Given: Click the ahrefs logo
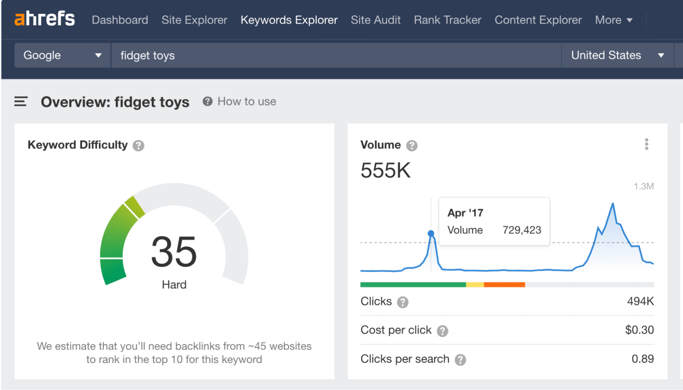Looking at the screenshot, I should [44, 19].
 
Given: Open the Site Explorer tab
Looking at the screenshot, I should [194, 20].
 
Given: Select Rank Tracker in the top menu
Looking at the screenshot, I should [447, 20].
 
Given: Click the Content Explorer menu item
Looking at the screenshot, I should [538, 20].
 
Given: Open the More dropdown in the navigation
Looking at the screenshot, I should [614, 20].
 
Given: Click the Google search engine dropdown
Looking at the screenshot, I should [62, 55].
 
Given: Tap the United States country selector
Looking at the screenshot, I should [617, 55].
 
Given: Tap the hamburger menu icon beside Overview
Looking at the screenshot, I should [21, 101].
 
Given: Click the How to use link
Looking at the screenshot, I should [246, 101].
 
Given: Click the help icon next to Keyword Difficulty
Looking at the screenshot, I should [138, 146].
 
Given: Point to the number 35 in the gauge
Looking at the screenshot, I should [174, 251].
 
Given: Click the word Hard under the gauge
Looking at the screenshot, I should [174, 285].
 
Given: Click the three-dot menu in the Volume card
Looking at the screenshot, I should [646, 144].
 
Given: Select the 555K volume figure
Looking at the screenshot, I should [385, 170].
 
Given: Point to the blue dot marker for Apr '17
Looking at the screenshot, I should [431, 233].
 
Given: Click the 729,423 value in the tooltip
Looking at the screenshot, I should [522, 230].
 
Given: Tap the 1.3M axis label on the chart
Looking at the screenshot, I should [644, 186].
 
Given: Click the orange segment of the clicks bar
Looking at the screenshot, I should [504, 285].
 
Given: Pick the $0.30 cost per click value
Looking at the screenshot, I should [639, 330].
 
